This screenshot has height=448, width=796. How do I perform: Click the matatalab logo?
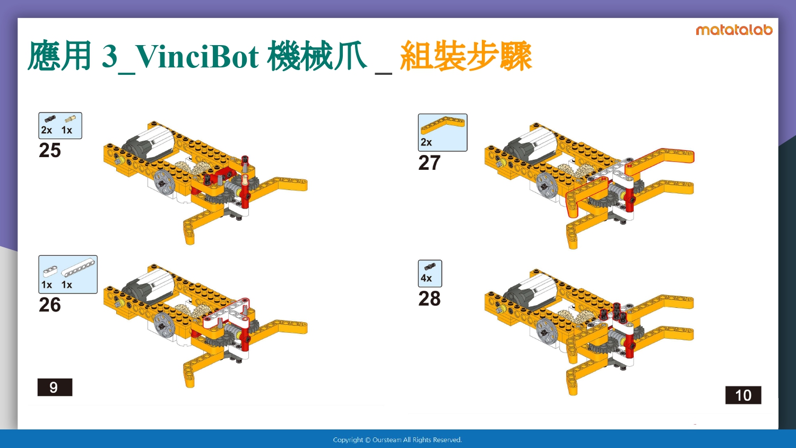[734, 30]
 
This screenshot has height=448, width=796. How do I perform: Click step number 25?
[50, 150]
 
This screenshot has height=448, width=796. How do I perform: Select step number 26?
[50, 305]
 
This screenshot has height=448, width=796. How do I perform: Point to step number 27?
[429, 163]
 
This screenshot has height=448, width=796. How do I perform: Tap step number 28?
[429, 299]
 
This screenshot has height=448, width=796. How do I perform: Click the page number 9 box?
[55, 387]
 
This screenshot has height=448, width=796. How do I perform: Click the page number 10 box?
[743, 395]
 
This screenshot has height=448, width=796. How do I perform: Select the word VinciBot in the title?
[197, 57]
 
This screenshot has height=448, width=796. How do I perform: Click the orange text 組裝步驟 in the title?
[466, 56]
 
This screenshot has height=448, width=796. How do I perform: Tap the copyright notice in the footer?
[397, 440]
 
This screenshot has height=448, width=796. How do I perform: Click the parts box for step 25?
[60, 125]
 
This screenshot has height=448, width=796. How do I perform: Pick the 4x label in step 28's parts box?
[426, 278]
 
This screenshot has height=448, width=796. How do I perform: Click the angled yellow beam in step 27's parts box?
[443, 126]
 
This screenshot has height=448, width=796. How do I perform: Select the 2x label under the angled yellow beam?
[426, 142]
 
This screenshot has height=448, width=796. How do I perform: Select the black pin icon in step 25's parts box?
[50, 119]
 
